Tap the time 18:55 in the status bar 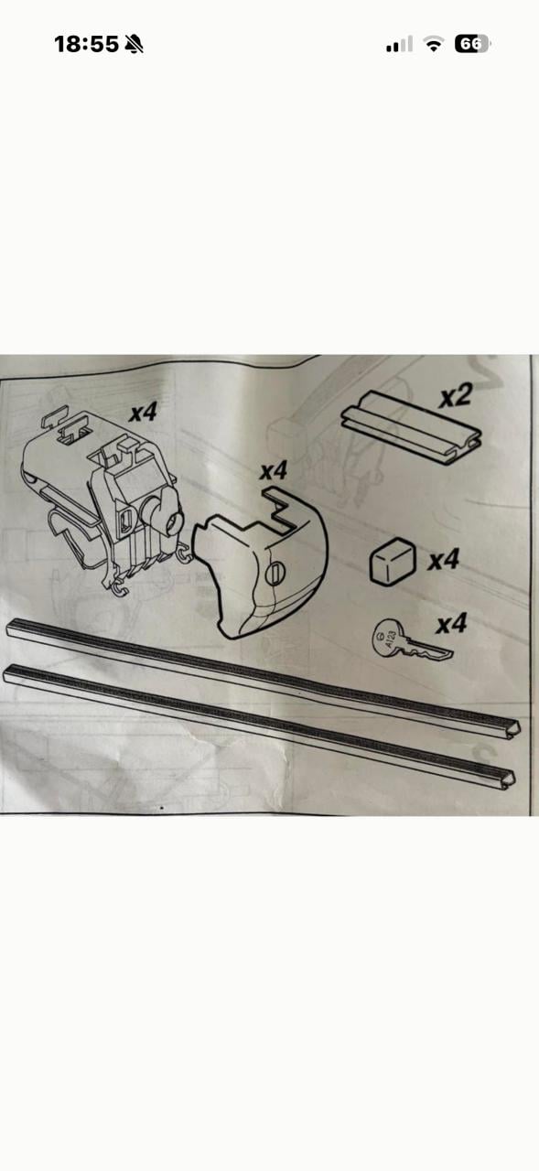(86, 45)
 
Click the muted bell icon (135, 45)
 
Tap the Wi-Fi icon (433, 44)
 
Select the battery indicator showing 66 (472, 44)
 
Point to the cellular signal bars (399, 45)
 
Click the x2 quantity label (456, 396)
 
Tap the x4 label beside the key (452, 624)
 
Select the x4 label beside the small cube (443, 560)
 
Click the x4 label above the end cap (274, 471)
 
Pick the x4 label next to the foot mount (144, 412)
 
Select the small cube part (393, 561)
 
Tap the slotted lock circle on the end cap (275, 574)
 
